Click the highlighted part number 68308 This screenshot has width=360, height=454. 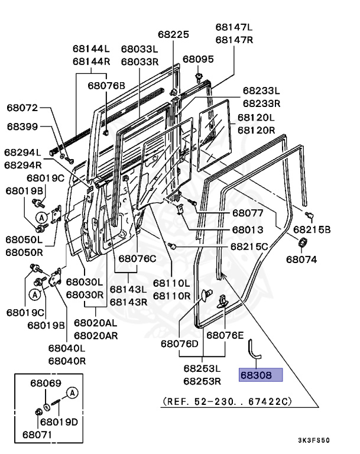pos(261,375)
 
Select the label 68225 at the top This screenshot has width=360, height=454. pos(174,35)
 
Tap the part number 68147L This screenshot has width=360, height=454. pos(233,27)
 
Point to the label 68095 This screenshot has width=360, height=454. pos(198,59)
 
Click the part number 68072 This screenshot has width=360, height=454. pos(22,108)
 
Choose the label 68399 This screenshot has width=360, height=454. pos(22,126)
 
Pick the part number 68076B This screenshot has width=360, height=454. pos(106,85)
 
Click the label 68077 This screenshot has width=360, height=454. pos(248,213)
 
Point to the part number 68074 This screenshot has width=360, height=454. pos(301,258)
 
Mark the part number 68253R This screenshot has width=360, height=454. pos(202,381)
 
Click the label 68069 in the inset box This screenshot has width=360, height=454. pos(46,384)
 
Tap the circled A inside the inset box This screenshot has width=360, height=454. pos(72,392)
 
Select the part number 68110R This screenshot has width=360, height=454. pos(171,296)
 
